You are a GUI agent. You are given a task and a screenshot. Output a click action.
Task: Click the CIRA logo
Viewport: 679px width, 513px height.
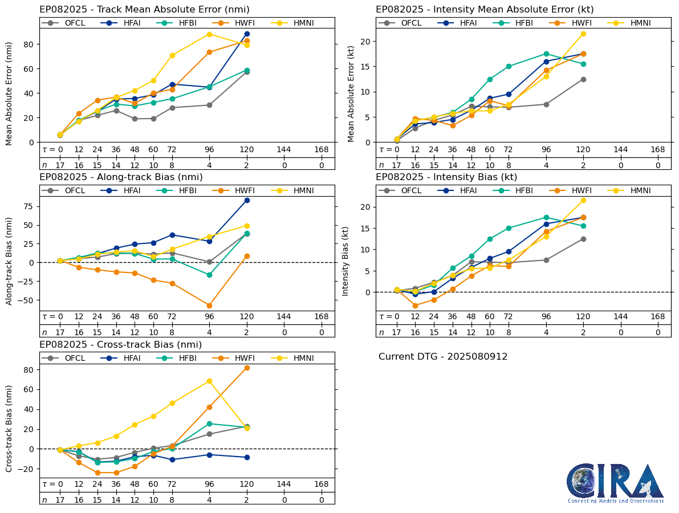pos(615,483)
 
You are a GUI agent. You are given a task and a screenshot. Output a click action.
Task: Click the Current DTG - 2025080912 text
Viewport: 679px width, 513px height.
pos(443,357)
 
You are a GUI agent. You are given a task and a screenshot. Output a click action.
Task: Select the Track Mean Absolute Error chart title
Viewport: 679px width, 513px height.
pos(144,10)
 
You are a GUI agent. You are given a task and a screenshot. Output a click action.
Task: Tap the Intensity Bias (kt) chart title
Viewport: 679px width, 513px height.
pos(446,177)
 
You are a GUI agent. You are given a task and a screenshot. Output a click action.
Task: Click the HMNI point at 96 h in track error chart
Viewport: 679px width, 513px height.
pos(209,34)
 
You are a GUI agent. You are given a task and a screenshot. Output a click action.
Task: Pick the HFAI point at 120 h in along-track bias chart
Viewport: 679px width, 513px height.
pos(247,200)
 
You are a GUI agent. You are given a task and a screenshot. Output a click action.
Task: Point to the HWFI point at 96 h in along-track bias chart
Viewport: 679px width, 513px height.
pos(209,306)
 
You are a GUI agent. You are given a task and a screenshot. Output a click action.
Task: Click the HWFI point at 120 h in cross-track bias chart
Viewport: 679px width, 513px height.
pos(247,368)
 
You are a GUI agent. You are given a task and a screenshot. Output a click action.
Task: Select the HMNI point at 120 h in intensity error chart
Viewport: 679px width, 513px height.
pos(583,34)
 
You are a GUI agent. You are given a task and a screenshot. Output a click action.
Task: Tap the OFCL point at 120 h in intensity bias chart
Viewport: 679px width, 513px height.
pos(583,239)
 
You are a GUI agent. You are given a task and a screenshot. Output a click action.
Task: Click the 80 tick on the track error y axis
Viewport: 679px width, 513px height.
pos(31,44)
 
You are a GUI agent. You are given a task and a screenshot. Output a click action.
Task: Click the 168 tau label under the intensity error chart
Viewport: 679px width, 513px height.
pos(658,149)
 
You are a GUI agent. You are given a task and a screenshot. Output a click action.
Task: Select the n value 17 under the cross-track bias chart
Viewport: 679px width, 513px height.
pos(60,500)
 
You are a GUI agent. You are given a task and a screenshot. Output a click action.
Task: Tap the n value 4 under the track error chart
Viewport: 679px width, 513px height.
pos(209,165)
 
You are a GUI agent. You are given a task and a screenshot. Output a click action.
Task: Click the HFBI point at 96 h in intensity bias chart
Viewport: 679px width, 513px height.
pos(546,217)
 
